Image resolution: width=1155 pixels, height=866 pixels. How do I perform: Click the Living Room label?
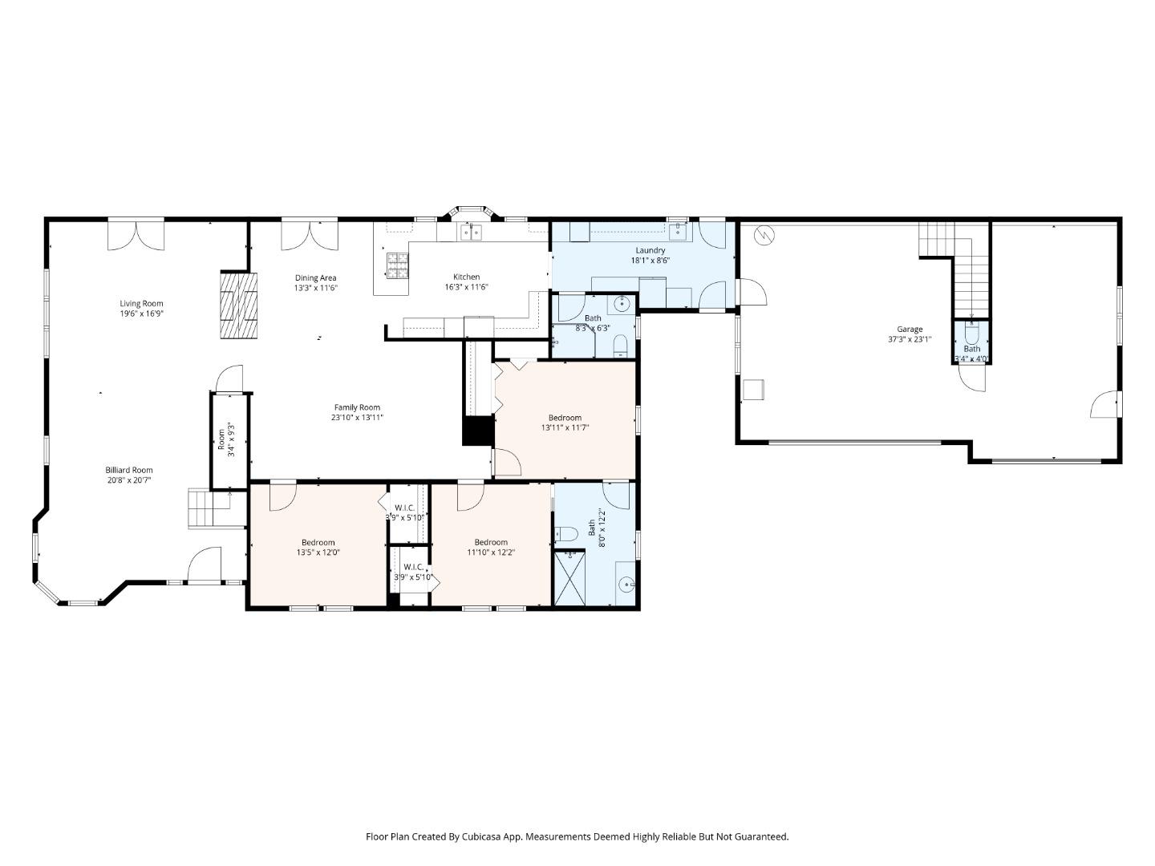141,304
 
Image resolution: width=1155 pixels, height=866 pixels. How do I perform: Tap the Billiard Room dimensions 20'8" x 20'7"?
128,480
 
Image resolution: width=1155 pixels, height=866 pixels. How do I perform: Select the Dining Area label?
315,278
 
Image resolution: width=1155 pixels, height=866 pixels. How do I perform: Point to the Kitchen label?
466,277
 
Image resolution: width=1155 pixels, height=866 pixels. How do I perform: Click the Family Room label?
357,407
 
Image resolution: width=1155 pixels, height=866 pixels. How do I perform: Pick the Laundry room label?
650,250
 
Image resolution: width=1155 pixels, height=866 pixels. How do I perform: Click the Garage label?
909,329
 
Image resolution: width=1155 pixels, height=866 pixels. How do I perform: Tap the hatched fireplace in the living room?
240,306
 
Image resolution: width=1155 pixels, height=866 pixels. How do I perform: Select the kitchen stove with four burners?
397,266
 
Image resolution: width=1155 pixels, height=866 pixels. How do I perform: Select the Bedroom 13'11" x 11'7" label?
565,418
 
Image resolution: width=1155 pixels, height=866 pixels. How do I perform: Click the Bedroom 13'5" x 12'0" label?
318,542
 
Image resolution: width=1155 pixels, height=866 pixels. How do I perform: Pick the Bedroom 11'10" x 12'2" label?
491,542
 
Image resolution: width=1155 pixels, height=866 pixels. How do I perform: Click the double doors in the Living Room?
136,233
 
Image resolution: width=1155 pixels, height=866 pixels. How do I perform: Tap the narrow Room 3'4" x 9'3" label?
222,440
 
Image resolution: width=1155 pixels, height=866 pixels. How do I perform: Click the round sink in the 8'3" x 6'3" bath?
621,303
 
